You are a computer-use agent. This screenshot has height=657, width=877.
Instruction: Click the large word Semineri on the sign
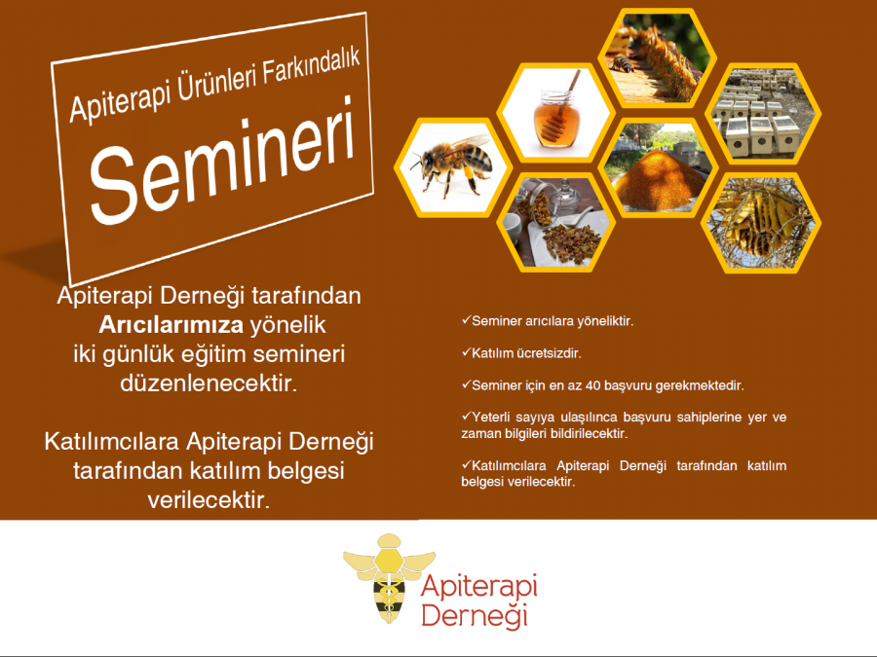[x=222, y=161]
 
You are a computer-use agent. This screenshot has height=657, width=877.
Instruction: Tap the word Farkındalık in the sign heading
[x=311, y=69]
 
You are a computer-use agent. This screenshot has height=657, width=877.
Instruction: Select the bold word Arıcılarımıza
[x=172, y=325]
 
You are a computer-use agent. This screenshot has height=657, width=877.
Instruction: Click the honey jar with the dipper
[x=556, y=112]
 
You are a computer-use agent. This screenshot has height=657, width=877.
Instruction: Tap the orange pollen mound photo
[x=658, y=168]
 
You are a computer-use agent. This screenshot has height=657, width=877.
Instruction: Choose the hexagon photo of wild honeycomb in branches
[x=761, y=222]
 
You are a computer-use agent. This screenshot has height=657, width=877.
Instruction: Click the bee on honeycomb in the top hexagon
[x=621, y=63]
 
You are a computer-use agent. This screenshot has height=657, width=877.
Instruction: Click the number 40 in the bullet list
[x=592, y=385]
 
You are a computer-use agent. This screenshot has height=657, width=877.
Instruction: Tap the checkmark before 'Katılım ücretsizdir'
[x=466, y=352]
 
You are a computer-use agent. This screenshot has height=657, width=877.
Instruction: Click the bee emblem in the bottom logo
[x=389, y=578]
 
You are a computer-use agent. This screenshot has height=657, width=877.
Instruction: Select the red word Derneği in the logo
[x=475, y=615]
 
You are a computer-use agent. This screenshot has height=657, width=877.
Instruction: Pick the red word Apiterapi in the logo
[x=479, y=586]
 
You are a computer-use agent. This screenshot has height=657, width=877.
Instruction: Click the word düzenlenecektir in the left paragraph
[x=209, y=383]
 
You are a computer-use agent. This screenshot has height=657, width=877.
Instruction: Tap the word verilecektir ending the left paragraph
[x=209, y=499]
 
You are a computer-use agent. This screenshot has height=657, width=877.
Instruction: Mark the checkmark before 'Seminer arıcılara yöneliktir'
[x=466, y=320]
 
